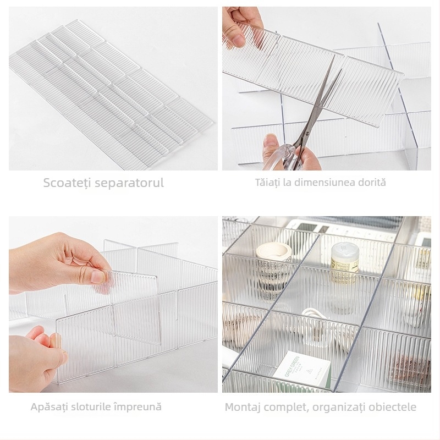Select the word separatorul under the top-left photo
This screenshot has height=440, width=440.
pyautogui.click(x=129, y=183)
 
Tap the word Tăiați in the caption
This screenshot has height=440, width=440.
pyautogui.click(x=267, y=183)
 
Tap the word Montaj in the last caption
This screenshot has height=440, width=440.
pyautogui.click(x=244, y=408)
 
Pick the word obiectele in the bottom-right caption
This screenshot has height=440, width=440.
pyautogui.click(x=393, y=408)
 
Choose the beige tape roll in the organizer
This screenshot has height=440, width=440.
pyautogui.click(x=273, y=252)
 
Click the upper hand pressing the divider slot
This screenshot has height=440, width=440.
pyautogui.click(x=66, y=264)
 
